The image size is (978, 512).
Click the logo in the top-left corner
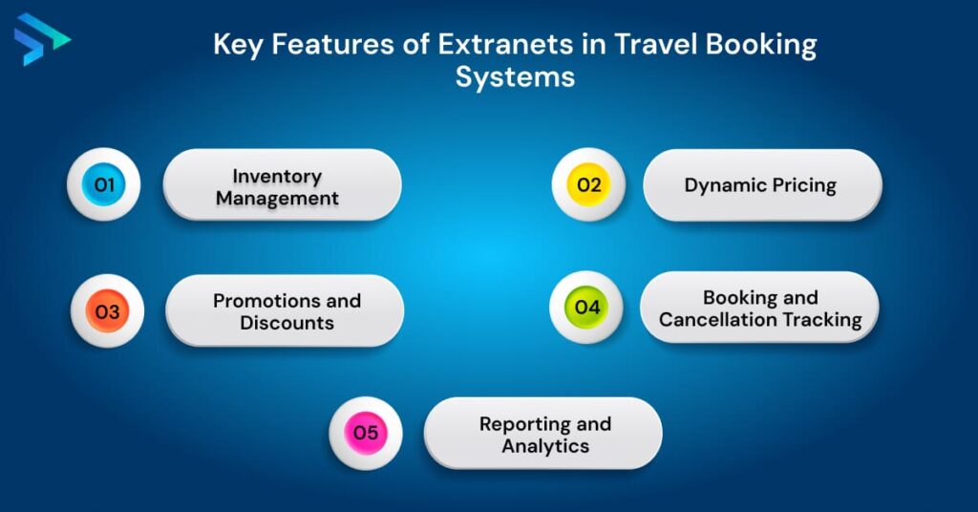point(39,39)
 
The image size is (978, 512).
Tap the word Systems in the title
point(515,76)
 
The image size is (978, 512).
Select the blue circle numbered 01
point(103,184)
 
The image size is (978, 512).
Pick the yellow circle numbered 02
point(588,184)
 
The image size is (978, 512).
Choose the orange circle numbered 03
point(107,311)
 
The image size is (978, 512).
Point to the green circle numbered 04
point(586,308)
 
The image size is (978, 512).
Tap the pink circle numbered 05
point(366,433)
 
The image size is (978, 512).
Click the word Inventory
point(277,176)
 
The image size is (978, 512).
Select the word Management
point(277,199)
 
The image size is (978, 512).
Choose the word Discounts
point(287,323)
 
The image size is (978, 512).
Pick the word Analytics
point(545,446)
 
